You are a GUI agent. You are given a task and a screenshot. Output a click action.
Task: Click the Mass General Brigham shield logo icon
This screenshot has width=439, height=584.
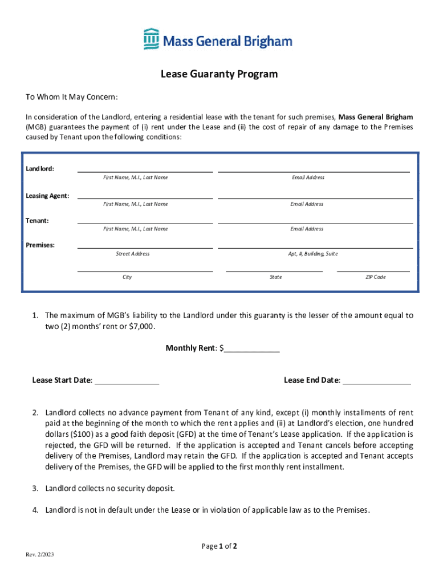(x=151, y=39)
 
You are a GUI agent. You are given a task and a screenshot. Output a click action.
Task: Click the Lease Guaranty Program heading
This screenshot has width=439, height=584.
(x=219, y=74)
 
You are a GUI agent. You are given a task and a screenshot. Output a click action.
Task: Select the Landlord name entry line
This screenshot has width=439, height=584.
(x=145, y=170)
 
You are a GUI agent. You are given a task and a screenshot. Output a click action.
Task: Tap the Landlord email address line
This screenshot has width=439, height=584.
(x=314, y=170)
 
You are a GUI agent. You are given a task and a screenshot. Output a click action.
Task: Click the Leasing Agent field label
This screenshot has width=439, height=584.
(x=47, y=196)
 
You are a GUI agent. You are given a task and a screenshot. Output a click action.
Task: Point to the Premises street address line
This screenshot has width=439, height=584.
(x=145, y=247)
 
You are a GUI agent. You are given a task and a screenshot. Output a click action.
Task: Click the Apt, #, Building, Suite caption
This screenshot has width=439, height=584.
(x=313, y=254)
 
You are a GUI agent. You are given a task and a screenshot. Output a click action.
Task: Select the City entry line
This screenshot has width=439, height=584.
(x=145, y=270)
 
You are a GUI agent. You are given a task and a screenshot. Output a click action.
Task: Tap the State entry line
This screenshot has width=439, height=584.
(x=274, y=270)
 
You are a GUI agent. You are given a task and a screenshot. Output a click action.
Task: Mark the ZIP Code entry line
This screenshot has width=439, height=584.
(x=373, y=270)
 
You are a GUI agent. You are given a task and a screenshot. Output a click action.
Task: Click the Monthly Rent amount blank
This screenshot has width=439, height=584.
(x=252, y=351)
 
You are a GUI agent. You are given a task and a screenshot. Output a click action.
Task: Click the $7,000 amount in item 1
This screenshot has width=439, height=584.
(x=141, y=327)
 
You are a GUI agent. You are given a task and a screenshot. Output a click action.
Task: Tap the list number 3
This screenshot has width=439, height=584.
(x=35, y=488)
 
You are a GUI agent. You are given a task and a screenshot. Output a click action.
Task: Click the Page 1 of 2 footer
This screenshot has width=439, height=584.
(x=219, y=546)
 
